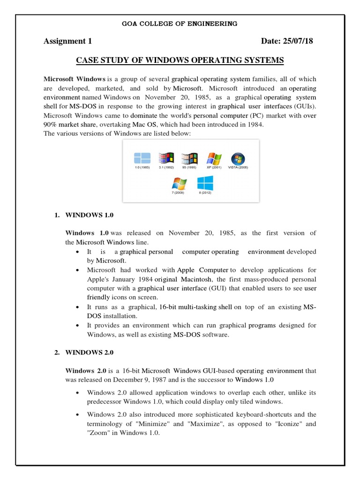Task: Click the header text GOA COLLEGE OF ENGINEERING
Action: tap(180, 23)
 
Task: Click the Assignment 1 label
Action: tap(67, 41)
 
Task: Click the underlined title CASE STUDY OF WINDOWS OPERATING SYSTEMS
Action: tap(180, 61)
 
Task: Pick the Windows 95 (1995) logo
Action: tap(189, 158)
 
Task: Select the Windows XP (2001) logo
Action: tap(214, 158)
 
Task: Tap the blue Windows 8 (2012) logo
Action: tap(205, 183)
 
